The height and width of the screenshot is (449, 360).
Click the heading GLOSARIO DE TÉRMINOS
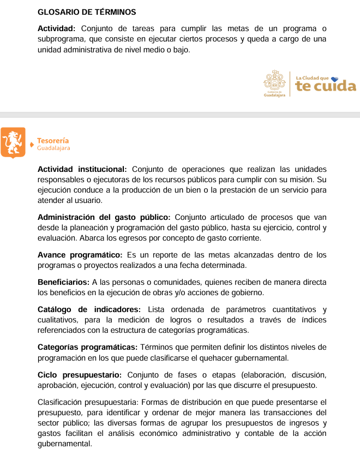click(x=87, y=12)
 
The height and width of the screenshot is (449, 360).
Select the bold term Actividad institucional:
click(x=82, y=169)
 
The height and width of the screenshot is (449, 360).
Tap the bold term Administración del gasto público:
click(x=104, y=217)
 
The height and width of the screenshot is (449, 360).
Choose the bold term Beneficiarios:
click(x=63, y=282)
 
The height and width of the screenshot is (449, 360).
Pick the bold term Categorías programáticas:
click(x=87, y=347)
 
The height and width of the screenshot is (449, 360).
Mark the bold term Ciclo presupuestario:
click(x=81, y=374)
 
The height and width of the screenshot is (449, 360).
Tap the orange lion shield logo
click(x=13, y=142)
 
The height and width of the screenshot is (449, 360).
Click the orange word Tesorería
click(x=53, y=141)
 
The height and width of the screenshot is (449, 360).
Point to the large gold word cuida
click(x=335, y=86)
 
